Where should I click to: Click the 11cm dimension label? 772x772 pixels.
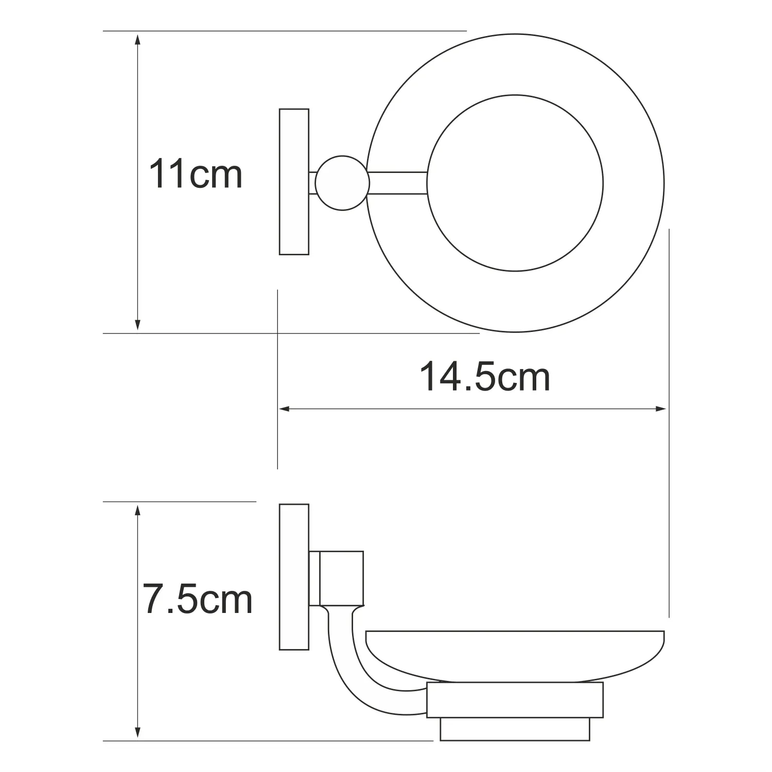coord(196,174)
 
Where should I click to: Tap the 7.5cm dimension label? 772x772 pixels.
coord(198,599)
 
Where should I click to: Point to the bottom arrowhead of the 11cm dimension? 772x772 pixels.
coord(137,324)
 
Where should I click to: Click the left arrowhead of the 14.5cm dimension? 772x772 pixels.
coord(286,409)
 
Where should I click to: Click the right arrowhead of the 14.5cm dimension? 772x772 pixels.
coord(660,409)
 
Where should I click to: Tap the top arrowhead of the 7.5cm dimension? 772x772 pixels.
coord(137,511)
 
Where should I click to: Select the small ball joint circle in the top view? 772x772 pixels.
coord(342,183)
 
